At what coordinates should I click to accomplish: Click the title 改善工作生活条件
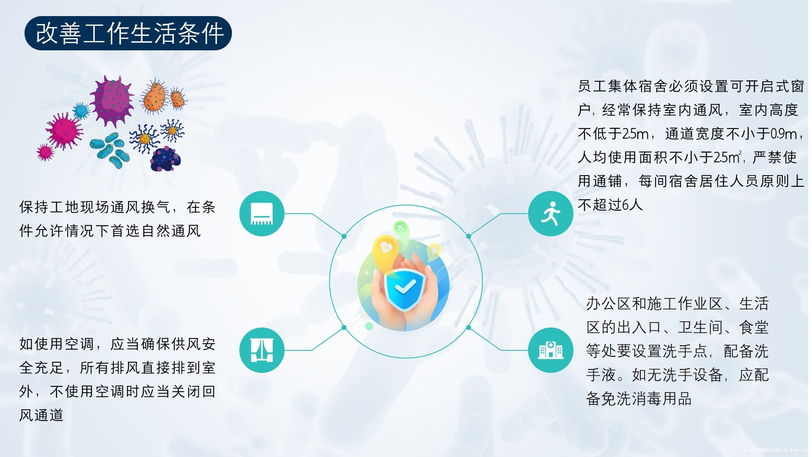click(x=129, y=33)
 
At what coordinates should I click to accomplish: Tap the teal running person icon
click(x=551, y=213)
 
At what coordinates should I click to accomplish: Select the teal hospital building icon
click(x=551, y=350)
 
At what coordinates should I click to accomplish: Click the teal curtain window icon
click(x=262, y=350)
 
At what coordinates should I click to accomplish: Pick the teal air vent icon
click(x=262, y=213)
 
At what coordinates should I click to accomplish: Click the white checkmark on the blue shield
click(x=405, y=288)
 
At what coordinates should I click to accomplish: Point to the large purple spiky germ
click(x=111, y=101)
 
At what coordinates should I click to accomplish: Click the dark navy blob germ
click(x=166, y=159)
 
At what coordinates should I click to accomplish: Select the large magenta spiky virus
click(x=64, y=131)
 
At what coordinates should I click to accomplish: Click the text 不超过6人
click(x=610, y=205)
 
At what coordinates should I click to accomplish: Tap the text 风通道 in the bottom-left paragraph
click(x=41, y=415)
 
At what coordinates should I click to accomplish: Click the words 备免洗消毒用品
click(x=639, y=399)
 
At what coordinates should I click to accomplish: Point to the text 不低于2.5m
click(x=613, y=134)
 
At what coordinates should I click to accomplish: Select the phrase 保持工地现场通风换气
click(x=95, y=207)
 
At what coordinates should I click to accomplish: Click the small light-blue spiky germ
click(x=81, y=111)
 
